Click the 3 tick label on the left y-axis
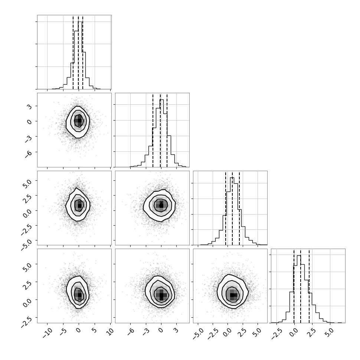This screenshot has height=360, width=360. point(30,107)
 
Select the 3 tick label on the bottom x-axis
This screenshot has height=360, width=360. point(176,331)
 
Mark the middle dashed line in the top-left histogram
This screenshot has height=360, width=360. point(78,52)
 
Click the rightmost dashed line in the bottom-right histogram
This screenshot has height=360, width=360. point(309,286)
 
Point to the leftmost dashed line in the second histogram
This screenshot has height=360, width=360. point(153,130)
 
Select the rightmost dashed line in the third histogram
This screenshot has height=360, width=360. point(239,208)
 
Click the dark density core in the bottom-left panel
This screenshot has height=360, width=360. point(79,295)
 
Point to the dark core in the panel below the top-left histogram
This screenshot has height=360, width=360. point(79,120)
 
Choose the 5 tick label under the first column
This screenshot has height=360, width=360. point(94,331)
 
